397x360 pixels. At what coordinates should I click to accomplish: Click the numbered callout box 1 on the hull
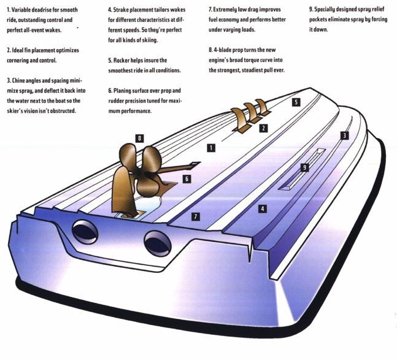tap(211, 148)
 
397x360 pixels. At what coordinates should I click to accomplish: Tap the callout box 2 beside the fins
tap(263, 128)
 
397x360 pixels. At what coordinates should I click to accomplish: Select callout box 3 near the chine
tap(344, 136)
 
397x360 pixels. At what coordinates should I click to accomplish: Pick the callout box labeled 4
tap(263, 209)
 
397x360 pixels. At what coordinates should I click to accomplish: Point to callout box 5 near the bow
tap(296, 102)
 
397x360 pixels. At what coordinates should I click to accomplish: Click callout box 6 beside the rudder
tap(187, 179)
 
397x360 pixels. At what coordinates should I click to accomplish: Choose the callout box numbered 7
tap(196, 216)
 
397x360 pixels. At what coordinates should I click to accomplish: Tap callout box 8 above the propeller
tap(139, 138)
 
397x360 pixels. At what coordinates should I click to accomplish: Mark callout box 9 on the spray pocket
tap(304, 167)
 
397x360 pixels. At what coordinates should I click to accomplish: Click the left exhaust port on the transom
tap(85, 232)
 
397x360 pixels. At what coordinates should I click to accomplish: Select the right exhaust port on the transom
tap(158, 243)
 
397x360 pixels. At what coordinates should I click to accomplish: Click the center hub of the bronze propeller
tap(139, 173)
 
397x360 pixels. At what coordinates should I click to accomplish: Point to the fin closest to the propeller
tap(239, 119)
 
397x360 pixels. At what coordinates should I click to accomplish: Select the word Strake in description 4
tap(121, 10)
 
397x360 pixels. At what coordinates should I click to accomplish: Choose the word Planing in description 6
tap(121, 91)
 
